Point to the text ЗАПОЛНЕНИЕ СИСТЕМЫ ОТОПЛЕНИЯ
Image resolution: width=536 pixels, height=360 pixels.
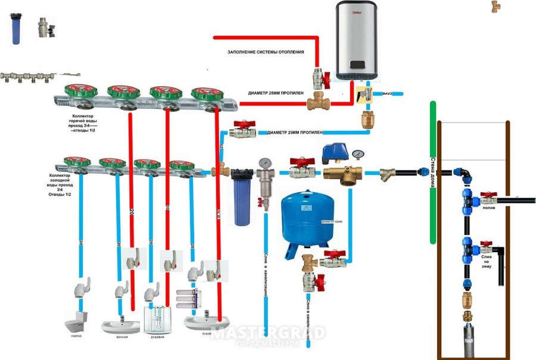(266, 52)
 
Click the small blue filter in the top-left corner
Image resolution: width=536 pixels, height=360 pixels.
(15, 30)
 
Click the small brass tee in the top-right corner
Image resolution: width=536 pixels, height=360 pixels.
(496, 7)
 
